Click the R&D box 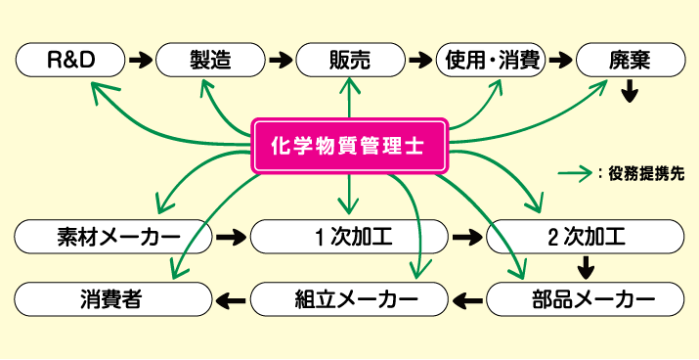tap(70, 60)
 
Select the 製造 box tap(210, 60)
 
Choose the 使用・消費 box tap(491, 60)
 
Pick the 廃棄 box tap(629, 60)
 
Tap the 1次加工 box tap(350, 237)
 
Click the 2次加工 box tap(586, 237)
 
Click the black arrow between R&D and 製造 tap(141, 60)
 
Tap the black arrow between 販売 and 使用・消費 tap(421, 60)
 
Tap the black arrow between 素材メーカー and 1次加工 tap(232, 237)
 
